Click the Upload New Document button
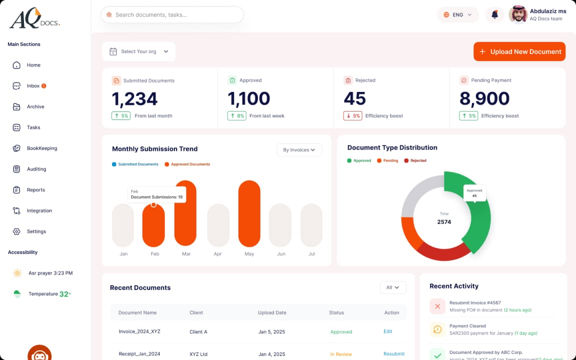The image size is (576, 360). (x=519, y=51)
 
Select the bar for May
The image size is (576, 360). (x=249, y=213)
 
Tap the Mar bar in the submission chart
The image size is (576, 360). (x=185, y=213)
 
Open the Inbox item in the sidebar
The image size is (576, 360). (x=33, y=86)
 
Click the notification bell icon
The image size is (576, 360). (x=494, y=15)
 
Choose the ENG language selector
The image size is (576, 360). (x=457, y=15)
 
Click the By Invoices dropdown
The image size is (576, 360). (x=299, y=150)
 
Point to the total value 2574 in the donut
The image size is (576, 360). (x=444, y=221)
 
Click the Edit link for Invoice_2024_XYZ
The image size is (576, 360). (x=387, y=331)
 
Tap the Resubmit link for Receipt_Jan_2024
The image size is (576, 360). (x=393, y=354)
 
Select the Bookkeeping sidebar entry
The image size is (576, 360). (x=41, y=148)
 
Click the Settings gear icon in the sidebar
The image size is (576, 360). (x=16, y=231)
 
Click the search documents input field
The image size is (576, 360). (x=172, y=15)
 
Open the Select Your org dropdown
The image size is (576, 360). (x=138, y=51)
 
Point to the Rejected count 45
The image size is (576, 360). (x=354, y=99)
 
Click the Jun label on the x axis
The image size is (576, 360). (x=281, y=254)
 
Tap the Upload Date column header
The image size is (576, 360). (x=272, y=312)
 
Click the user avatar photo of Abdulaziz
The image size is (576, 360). (x=518, y=14)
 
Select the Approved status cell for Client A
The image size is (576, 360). (x=341, y=331)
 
